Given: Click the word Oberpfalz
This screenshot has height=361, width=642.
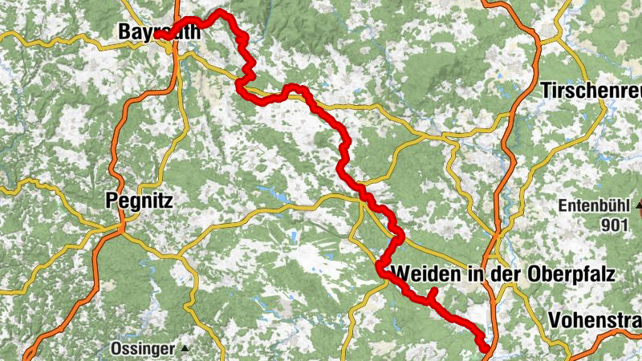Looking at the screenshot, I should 571,274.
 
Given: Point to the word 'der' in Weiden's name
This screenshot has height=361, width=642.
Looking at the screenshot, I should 506,274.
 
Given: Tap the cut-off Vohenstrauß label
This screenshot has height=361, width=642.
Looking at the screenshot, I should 595,320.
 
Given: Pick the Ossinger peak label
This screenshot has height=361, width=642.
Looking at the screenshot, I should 144,348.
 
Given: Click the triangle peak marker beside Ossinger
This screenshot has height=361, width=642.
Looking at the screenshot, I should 185,348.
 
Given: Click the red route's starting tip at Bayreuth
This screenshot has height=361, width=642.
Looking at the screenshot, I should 158,35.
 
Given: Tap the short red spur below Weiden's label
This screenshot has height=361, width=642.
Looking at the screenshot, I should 431,294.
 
